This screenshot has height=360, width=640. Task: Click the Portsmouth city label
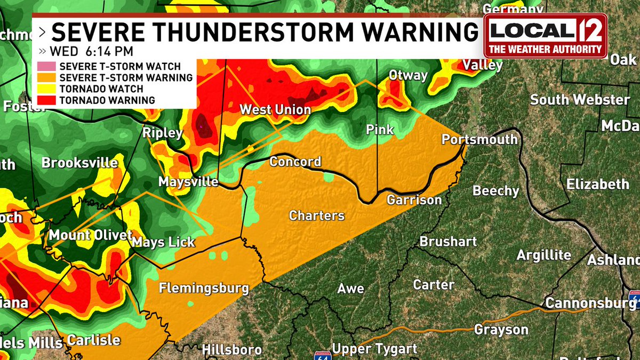(x=479, y=139)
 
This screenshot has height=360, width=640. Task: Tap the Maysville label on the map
(x=188, y=182)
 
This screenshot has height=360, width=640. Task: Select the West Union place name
(x=275, y=110)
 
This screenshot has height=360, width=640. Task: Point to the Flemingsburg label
(x=204, y=289)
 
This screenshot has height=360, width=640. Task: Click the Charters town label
(x=317, y=215)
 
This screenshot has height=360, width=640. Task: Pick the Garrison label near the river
(x=414, y=200)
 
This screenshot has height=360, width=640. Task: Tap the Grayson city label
(x=501, y=330)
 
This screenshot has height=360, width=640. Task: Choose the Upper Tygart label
(x=374, y=349)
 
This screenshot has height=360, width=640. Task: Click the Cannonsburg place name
(x=590, y=303)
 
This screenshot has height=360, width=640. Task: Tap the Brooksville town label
(x=79, y=163)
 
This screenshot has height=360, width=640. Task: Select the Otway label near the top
(x=408, y=75)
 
